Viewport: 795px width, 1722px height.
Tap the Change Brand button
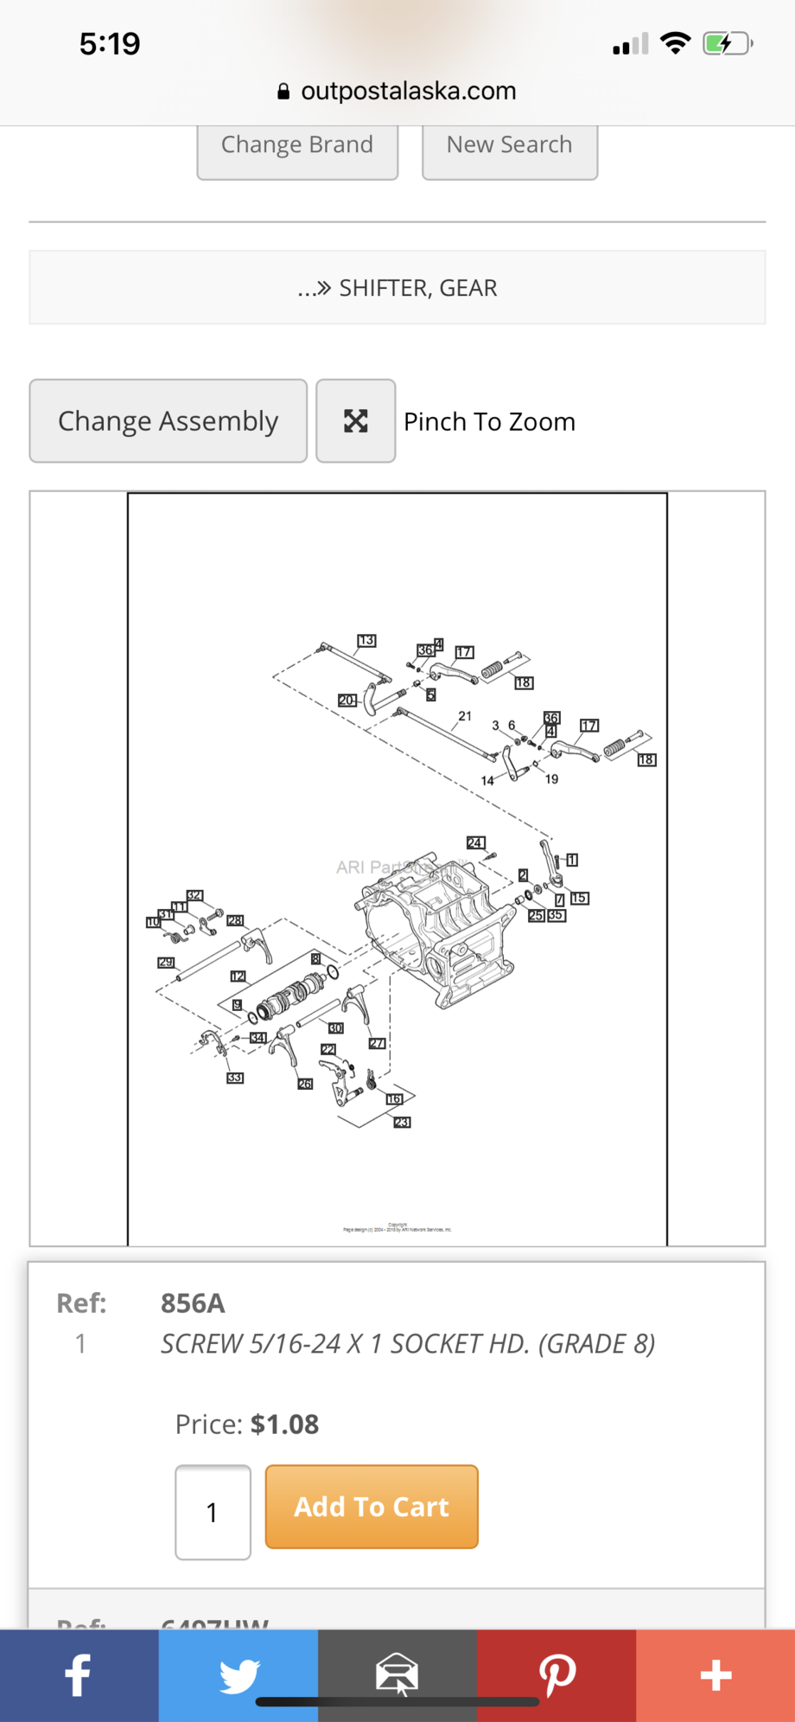click(x=297, y=145)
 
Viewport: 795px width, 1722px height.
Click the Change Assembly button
click(x=169, y=421)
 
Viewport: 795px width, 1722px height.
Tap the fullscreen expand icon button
click(x=356, y=421)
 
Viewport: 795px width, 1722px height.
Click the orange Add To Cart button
click(x=372, y=1507)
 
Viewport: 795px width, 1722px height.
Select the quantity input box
click(x=213, y=1512)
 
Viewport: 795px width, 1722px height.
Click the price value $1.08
click(x=284, y=1424)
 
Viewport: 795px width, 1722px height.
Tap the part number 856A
click(x=193, y=1303)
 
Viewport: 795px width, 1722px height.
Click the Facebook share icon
click(x=79, y=1675)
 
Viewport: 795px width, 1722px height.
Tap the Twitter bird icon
click(x=238, y=1675)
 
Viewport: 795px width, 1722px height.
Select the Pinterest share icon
click(x=556, y=1675)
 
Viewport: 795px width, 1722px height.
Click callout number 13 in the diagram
click(x=366, y=640)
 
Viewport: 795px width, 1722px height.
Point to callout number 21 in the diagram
click(x=465, y=716)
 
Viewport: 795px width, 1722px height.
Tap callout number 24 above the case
click(x=475, y=842)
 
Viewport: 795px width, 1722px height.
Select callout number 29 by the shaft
click(x=166, y=962)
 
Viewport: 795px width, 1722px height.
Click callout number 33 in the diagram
click(x=235, y=1078)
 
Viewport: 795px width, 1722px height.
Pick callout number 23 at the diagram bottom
click(x=402, y=1122)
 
